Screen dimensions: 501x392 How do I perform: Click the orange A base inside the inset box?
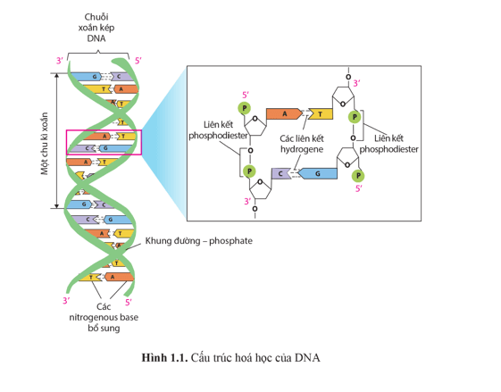point(284,113)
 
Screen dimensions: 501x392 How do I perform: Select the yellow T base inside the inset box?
point(321,114)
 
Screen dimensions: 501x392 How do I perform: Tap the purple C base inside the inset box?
point(280,173)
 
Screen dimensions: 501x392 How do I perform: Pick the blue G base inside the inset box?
point(318,173)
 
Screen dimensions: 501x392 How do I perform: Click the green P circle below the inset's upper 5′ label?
point(245,108)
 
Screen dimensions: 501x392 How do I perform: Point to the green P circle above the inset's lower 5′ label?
point(358,175)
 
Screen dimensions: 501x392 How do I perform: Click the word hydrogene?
point(302,149)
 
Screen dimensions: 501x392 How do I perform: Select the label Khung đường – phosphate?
point(199,240)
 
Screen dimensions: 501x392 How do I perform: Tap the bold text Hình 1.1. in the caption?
point(164,358)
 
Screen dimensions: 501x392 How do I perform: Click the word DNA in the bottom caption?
point(307,358)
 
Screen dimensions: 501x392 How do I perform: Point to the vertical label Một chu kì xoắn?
point(44,144)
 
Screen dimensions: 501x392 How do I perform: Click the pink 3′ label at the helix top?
point(60,61)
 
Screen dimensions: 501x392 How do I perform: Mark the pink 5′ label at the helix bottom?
point(129,302)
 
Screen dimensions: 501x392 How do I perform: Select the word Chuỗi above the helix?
point(96,17)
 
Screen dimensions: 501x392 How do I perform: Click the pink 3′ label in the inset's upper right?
point(357,83)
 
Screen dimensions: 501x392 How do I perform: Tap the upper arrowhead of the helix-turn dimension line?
point(57,76)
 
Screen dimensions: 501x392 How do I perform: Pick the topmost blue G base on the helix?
point(86,77)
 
